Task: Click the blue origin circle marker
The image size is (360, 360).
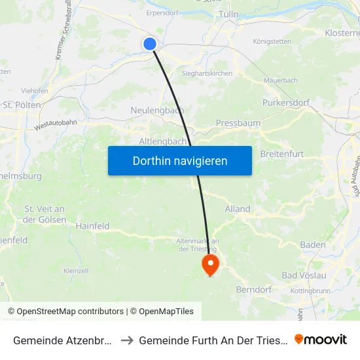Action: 150,44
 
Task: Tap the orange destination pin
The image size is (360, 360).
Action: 210,265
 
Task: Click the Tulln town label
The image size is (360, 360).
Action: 229,14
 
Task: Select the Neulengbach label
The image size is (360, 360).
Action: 156,110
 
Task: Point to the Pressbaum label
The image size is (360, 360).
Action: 238,122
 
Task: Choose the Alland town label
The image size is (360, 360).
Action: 238,209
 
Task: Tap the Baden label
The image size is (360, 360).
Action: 312,245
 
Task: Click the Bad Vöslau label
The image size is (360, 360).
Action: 304,275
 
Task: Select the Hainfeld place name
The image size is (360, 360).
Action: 92,226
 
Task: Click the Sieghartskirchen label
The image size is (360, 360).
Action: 207,73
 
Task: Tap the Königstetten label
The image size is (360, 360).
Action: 272,41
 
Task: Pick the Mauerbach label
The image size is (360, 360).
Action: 280,81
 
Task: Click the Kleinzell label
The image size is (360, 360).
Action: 76,270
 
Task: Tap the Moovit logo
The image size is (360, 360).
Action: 321,339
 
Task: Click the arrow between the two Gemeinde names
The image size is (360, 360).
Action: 126,340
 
